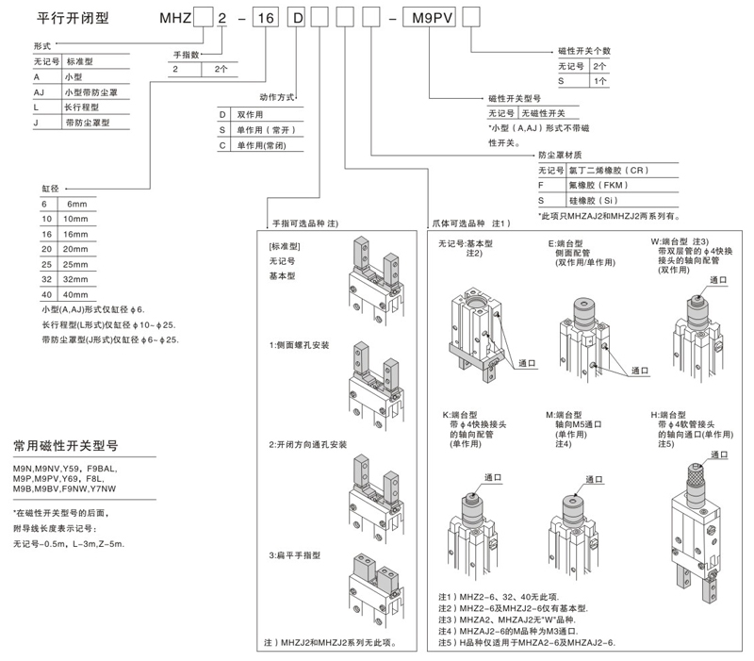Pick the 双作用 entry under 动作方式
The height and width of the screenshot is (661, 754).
pyautogui.click(x=251, y=113)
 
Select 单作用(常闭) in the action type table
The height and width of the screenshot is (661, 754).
pyautogui.click(x=260, y=145)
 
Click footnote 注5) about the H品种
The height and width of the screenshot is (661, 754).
pyautogui.click(x=527, y=641)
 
